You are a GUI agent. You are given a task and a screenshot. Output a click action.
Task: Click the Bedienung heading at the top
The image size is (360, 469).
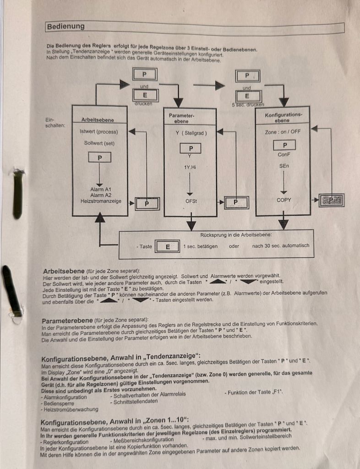click(65, 27)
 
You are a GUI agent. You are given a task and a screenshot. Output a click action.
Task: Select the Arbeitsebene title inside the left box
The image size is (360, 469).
click(98, 120)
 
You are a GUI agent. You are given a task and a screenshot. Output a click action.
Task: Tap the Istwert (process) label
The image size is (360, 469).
click(98, 132)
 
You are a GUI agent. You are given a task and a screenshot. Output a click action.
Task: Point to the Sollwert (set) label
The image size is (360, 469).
click(99, 143)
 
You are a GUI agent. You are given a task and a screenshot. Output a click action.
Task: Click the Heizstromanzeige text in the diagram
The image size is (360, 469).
click(101, 201)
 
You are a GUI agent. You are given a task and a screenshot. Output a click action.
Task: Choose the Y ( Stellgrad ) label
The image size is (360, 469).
click(191, 133)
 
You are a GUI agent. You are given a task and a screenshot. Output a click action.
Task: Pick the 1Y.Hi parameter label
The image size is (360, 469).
click(190, 167)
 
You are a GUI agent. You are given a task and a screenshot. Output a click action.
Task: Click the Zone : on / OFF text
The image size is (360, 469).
click(283, 131)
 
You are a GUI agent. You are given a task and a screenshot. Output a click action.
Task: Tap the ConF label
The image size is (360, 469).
click(284, 155)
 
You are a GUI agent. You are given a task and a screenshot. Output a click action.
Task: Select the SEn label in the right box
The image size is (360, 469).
click(284, 166)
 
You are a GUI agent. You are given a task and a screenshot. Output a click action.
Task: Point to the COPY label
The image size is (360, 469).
click(284, 200)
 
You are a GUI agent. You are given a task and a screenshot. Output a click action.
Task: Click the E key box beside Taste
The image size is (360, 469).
click(167, 246)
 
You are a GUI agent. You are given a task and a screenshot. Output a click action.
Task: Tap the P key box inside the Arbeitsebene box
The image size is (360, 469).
click(99, 158)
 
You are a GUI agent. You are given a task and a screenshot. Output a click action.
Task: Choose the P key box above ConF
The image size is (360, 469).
click(284, 145)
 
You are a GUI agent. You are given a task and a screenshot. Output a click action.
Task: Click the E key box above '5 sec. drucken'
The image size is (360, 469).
click(247, 96)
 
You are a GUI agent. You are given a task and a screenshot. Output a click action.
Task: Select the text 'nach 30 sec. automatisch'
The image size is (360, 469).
click(281, 245)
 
